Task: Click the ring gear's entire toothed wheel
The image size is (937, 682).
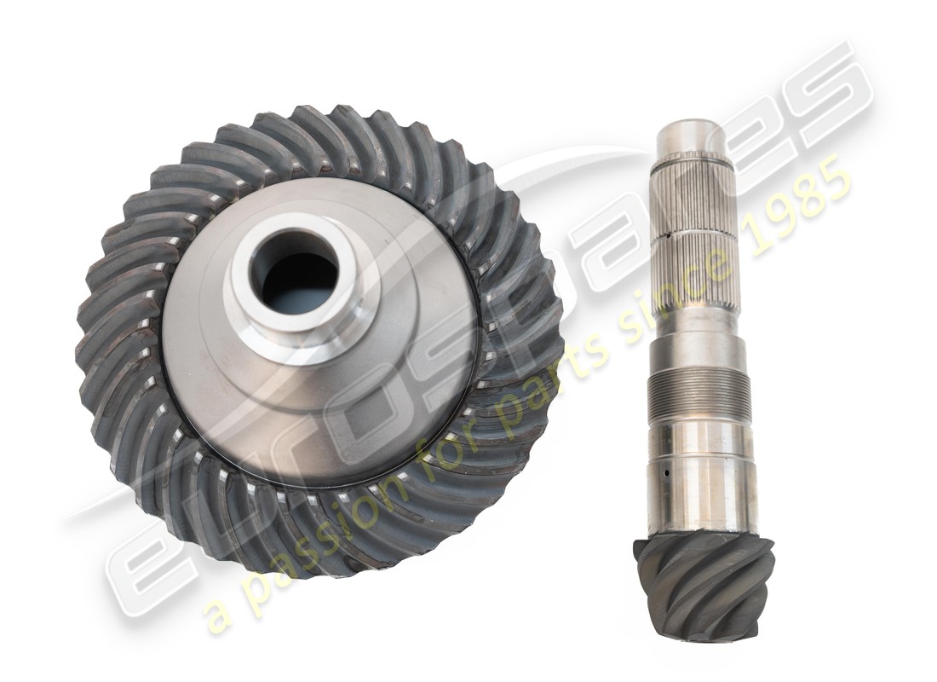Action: pos(319,341)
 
